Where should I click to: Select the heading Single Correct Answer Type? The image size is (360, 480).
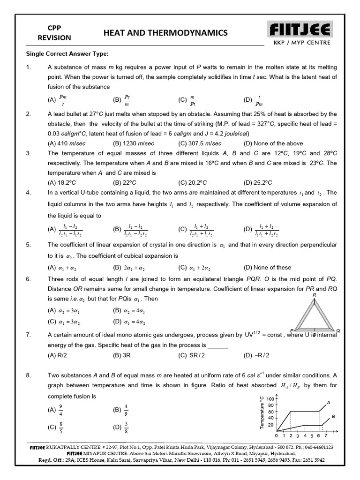tap(67, 53)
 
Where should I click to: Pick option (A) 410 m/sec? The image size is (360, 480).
tap(67, 143)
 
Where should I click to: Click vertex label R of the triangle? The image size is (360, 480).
tap(314, 295)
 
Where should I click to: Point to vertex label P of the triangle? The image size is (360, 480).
tap(292, 330)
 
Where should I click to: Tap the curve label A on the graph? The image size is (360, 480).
tap(328, 402)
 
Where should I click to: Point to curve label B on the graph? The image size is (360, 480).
tap(333, 416)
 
